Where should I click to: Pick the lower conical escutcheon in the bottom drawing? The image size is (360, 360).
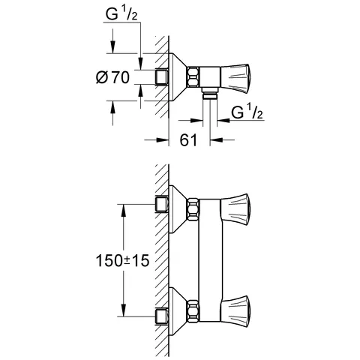pos(178,307)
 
